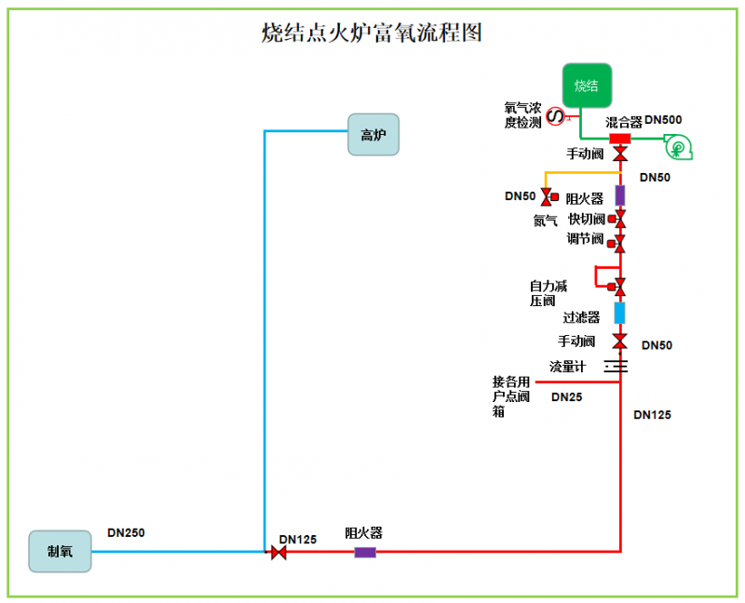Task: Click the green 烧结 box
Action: click(587, 86)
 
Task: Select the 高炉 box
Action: click(373, 134)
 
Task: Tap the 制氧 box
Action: click(61, 551)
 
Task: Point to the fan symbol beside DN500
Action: click(677, 146)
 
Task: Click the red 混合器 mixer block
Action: click(620, 139)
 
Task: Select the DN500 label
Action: click(663, 120)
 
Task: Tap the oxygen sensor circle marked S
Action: click(553, 115)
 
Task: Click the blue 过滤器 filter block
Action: click(620, 312)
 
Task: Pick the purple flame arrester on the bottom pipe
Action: click(365, 553)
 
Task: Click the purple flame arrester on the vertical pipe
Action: click(620, 195)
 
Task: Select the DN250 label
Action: click(126, 533)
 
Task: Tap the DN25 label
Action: click(567, 397)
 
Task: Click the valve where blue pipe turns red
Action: click(278, 553)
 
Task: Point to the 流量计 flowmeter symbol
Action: click(616, 366)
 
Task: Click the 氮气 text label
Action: click(546, 221)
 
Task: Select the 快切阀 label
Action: click(587, 220)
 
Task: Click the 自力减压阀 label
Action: click(549, 293)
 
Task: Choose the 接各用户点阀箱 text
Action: click(511, 396)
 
